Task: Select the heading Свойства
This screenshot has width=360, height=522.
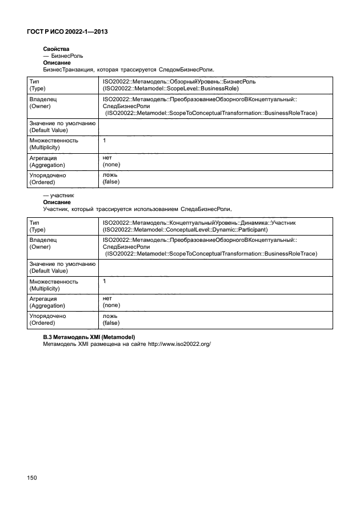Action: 56,50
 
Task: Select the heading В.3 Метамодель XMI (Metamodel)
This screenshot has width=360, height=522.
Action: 92,337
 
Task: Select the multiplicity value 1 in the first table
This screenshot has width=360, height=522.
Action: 104,140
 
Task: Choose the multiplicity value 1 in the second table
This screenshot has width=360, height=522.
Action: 104,281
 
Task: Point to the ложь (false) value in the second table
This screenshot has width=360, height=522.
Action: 111,319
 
